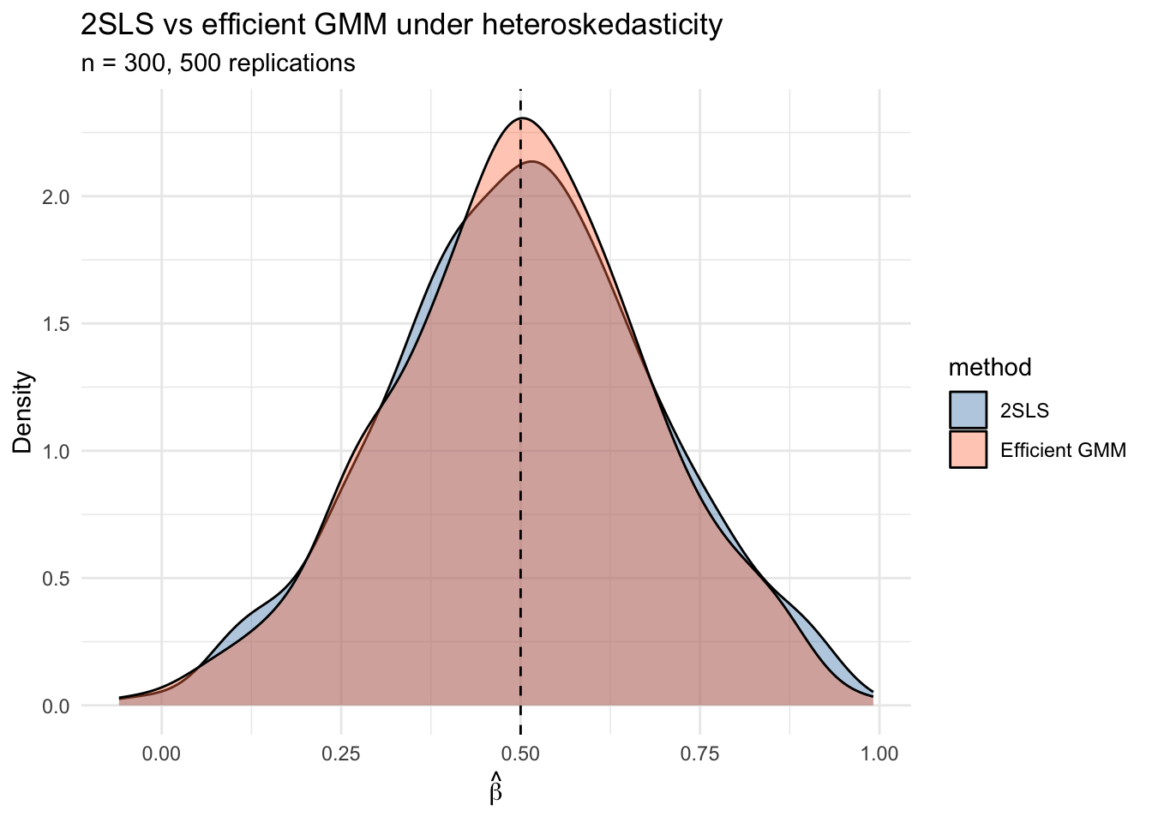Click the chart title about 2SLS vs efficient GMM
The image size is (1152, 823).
pyautogui.click(x=401, y=26)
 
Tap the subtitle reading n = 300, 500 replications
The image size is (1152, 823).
pyautogui.click(x=218, y=63)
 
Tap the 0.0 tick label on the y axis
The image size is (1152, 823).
pyautogui.click(x=57, y=706)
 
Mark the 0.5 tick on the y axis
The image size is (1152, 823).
pyautogui.click(x=57, y=579)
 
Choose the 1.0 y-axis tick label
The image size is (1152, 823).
pyautogui.click(x=57, y=451)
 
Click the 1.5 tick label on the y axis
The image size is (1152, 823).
pyautogui.click(x=57, y=324)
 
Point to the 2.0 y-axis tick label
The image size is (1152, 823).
pyautogui.click(x=57, y=196)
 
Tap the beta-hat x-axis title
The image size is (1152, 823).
pyautogui.click(x=495, y=790)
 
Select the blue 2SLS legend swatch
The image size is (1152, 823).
pyautogui.click(x=968, y=411)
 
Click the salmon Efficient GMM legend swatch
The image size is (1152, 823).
pyautogui.click(x=968, y=449)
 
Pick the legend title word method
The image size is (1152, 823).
pyautogui.click(x=989, y=368)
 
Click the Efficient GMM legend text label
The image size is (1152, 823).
pyautogui.click(x=1063, y=450)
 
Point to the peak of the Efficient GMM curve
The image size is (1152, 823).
pyautogui.click(x=521, y=118)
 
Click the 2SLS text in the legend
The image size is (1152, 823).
pyautogui.click(x=1024, y=411)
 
